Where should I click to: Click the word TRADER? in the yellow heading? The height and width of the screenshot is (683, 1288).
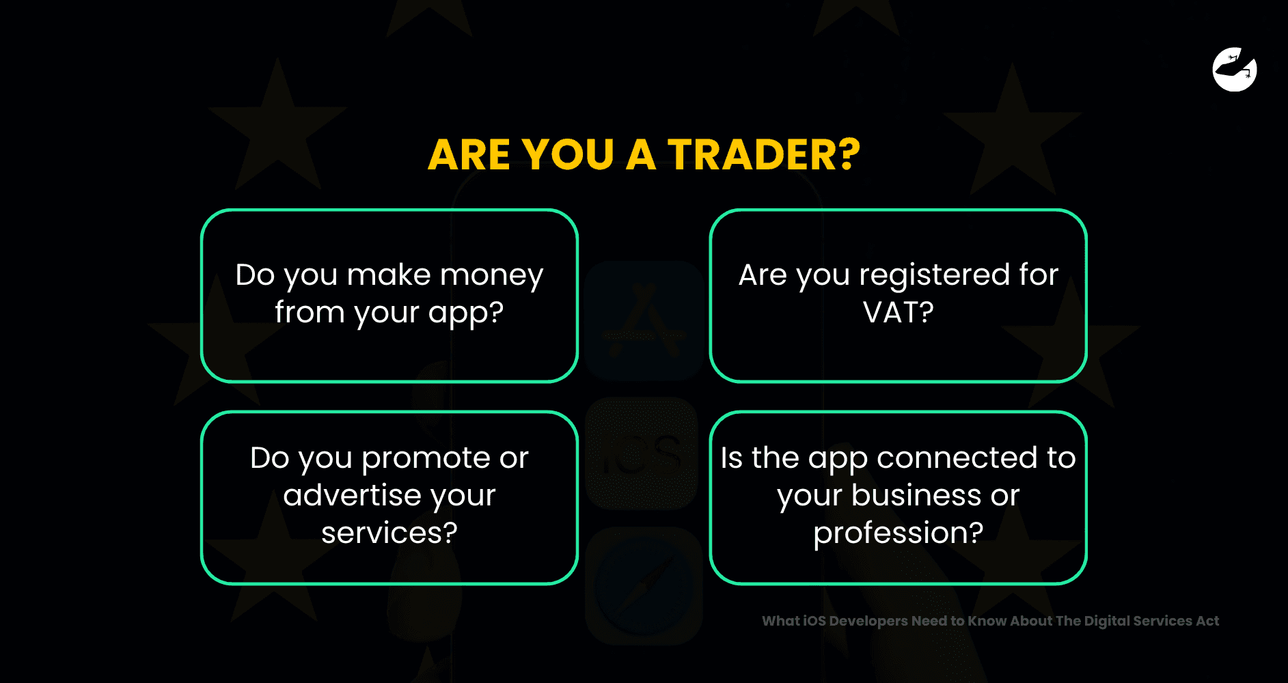764,154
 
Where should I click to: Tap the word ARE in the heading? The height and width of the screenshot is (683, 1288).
469,154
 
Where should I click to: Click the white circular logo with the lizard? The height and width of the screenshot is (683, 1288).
1235,69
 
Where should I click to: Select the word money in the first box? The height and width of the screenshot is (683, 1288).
491,275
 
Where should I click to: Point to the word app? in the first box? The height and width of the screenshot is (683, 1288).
466,313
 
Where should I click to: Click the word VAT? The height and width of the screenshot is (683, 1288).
899,312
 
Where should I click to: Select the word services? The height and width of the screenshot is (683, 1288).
389,533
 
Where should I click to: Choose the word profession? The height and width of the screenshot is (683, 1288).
899,533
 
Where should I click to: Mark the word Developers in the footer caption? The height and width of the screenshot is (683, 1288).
868,622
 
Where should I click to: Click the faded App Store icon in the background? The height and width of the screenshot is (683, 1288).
644,320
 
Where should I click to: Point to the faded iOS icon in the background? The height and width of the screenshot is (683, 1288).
642,454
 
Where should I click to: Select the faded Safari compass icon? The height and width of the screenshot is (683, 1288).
644,585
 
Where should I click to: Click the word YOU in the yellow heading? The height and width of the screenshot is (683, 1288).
568,154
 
